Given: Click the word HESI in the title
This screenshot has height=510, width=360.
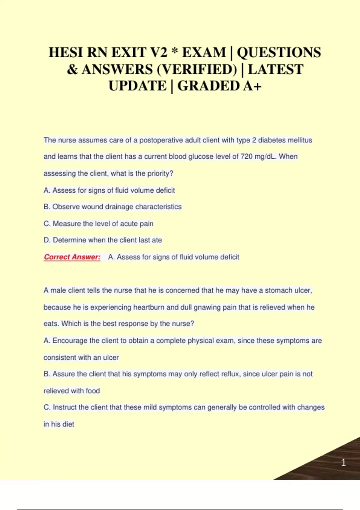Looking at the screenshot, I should pos(66,52).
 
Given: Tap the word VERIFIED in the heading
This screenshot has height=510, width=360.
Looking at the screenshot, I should pos(197,70).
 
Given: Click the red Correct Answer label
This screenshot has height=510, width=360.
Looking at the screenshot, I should pos(72,257).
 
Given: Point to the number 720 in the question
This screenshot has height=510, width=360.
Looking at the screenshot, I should pos(246,157).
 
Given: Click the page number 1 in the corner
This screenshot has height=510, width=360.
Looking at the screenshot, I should pos(343,463).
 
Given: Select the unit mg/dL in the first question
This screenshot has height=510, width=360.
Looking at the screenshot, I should pos(265,157).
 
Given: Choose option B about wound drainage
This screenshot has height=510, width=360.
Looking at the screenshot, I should pos(112,207).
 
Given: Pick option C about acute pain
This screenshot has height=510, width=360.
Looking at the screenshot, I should pos(98,223).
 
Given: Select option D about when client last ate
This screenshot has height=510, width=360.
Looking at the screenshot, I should pos(103,240).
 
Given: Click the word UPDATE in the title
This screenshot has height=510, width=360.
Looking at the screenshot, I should pos(137,86).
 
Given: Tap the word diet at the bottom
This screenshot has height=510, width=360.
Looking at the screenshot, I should pos(68,424).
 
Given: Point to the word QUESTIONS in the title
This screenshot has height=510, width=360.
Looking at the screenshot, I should pos(279,52).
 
